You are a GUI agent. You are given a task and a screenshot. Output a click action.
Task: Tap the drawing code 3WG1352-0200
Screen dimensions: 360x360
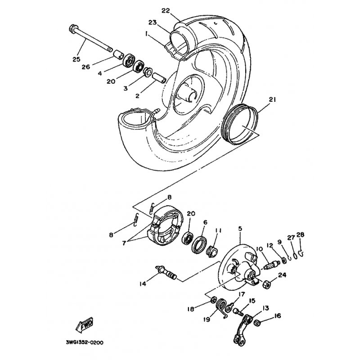(85, 342)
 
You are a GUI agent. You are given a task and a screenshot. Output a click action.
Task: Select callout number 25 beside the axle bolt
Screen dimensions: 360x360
(76, 59)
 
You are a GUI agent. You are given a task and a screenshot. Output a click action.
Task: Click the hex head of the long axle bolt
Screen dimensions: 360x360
(73, 29)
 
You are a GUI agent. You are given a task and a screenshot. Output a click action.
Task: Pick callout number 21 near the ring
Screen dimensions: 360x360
(272, 99)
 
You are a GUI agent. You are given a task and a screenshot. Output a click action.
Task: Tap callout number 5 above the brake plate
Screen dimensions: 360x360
(240, 229)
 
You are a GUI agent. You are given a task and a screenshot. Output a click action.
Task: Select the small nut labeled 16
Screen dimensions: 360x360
(257, 323)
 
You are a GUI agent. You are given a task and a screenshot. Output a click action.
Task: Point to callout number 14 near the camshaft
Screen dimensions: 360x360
(143, 284)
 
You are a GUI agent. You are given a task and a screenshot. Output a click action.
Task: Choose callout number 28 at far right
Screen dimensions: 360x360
(301, 234)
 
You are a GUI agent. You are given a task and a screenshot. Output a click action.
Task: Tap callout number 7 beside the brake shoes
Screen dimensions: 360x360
(124, 243)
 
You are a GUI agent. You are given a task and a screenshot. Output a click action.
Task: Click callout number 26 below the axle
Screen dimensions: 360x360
(86, 67)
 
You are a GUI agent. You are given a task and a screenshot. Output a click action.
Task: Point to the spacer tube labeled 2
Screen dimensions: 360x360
(159, 77)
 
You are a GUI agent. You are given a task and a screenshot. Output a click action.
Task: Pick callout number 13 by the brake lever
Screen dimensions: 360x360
(265, 308)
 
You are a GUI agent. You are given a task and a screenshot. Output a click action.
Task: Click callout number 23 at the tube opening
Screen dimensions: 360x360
(153, 22)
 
